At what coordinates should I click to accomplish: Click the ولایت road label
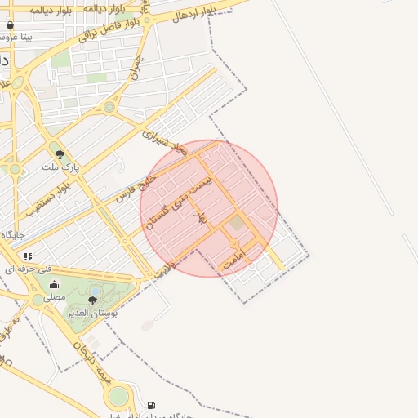(x=166, y=268)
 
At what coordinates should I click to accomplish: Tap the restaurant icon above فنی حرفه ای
(x=29, y=256)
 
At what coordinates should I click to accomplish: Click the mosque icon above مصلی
(x=54, y=285)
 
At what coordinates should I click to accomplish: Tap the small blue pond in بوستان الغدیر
(x=96, y=291)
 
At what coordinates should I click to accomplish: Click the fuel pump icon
(x=151, y=405)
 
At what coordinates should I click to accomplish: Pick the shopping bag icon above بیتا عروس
(x=10, y=25)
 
